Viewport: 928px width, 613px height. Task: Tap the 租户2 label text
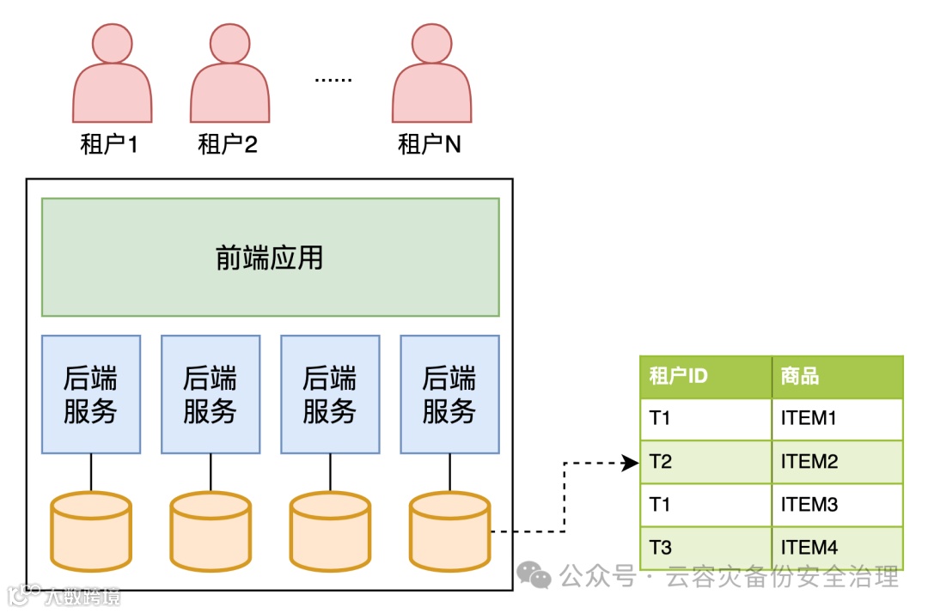228,143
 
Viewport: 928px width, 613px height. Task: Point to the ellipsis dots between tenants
333,79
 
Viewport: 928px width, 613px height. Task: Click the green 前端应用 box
270,258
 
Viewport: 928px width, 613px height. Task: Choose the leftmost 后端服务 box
90,394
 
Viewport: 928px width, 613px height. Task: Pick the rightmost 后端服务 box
449,394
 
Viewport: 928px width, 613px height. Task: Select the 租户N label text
430,143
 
